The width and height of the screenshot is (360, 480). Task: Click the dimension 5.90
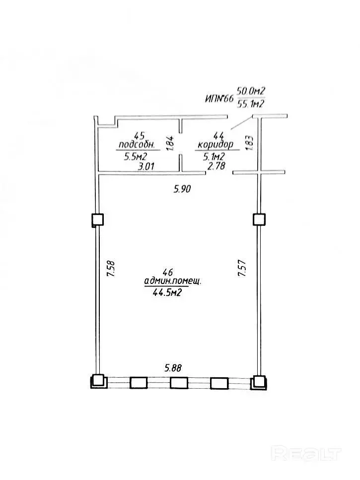click(182, 189)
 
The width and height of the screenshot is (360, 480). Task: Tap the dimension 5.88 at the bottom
click(173, 368)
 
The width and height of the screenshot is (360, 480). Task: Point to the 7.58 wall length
click(111, 269)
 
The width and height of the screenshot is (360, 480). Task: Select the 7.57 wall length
click(242, 268)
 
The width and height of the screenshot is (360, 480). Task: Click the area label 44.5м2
click(167, 293)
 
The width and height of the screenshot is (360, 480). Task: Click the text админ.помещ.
click(173, 281)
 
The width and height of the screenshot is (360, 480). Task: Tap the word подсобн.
click(138, 144)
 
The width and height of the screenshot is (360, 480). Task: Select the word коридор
click(216, 144)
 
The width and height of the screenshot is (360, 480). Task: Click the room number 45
click(140, 135)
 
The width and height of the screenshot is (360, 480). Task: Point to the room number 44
click(219, 135)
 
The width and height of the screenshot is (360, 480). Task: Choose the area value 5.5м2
click(136, 157)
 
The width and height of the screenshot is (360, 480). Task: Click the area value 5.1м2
click(214, 157)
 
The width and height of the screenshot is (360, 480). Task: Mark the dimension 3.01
click(146, 166)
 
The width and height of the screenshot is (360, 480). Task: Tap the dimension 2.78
click(216, 166)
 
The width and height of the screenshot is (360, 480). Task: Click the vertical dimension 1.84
click(170, 143)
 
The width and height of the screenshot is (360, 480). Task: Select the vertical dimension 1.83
click(249, 142)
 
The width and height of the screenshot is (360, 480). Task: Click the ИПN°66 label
click(219, 99)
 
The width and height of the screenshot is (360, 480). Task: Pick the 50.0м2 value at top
click(251, 91)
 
